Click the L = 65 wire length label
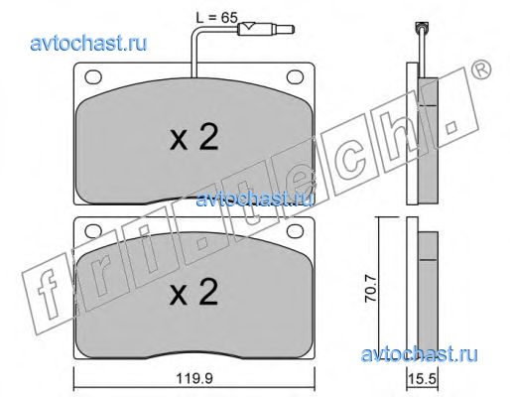(217, 17)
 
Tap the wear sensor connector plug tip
(292, 30)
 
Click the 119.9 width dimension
(193, 378)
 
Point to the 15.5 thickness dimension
(423, 378)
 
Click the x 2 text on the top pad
(194, 138)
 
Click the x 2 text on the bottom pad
(194, 293)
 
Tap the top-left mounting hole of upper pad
(93, 77)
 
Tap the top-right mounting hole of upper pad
(295, 76)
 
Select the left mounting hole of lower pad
(93, 231)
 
